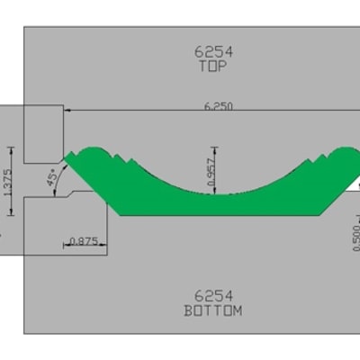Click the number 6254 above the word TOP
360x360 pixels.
(213, 51)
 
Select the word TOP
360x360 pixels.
(213, 66)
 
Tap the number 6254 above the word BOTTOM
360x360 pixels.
(213, 296)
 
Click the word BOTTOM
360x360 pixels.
(213, 310)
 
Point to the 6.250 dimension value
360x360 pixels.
(219, 106)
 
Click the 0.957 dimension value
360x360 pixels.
(211, 172)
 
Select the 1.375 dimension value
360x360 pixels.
(8, 182)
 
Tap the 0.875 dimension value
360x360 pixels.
(84, 241)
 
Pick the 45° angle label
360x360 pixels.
(52, 177)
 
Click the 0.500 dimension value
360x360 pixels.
(356, 238)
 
